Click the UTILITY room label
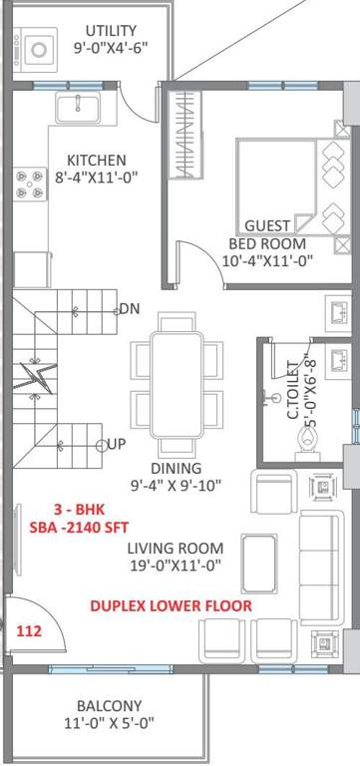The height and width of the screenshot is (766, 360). pos(111,31)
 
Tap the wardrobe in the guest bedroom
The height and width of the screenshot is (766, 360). pos(185,138)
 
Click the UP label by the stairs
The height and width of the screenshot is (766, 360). pos(116,444)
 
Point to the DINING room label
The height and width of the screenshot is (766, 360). pos(177,468)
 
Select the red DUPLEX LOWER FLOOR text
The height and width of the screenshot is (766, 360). pos(171,605)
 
